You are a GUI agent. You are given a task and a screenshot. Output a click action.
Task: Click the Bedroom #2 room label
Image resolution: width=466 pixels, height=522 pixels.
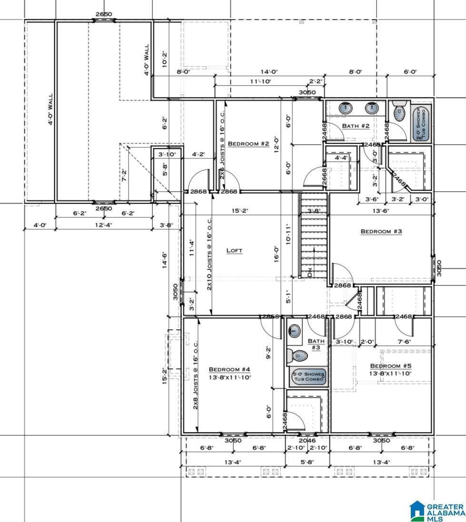click(248, 144)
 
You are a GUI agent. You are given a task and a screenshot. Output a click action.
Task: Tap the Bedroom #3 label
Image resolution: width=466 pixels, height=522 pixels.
click(381, 232)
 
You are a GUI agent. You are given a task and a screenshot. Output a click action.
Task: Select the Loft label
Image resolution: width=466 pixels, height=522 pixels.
click(234, 250)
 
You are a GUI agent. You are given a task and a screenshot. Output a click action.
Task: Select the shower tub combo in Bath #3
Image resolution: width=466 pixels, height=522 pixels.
click(308, 376)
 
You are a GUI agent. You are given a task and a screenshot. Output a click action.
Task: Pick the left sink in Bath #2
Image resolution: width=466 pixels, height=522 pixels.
click(346, 108)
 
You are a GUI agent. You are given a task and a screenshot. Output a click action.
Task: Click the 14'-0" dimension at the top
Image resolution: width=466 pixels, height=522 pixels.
click(269, 72)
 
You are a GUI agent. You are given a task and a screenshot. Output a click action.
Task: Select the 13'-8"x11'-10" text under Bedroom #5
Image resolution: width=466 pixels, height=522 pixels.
click(390, 374)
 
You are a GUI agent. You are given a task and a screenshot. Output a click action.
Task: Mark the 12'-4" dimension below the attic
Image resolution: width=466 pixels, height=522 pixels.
click(103, 225)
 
